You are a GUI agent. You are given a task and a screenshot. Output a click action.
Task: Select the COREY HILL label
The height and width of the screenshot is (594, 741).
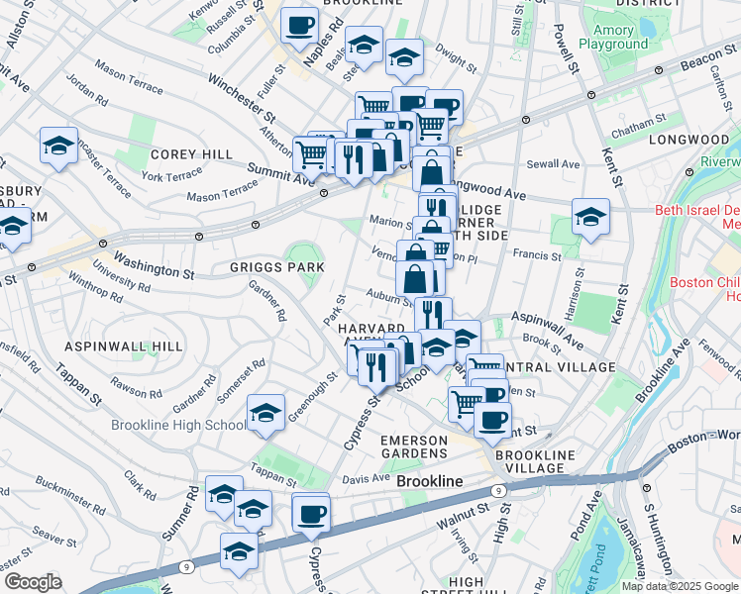(191, 155)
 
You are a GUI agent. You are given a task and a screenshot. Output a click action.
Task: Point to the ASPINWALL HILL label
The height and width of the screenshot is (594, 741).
(124, 346)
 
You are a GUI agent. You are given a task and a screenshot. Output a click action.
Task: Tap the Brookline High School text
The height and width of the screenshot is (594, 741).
(178, 426)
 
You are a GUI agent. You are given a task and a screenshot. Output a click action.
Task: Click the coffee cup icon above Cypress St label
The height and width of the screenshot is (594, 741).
(311, 513)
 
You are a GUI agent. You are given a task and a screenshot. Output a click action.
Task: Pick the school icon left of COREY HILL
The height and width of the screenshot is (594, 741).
(58, 147)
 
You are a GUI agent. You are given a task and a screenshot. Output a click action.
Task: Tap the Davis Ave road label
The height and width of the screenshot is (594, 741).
(366, 479)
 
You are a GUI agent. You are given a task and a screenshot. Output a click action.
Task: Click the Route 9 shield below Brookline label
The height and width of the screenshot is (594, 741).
(496, 489)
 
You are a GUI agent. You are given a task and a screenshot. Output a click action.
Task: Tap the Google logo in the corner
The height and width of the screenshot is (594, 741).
(34, 582)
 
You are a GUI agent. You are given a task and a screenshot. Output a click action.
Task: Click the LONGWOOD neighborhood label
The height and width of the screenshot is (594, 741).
(688, 140)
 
